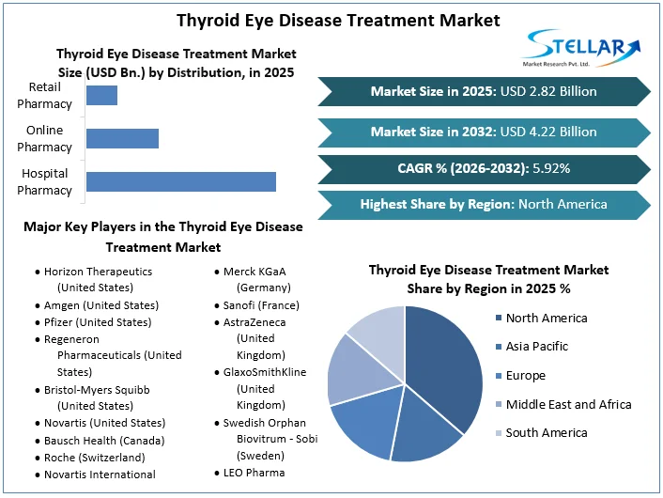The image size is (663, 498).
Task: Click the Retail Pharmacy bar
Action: [102, 95]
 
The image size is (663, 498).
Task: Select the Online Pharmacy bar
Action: [123, 138]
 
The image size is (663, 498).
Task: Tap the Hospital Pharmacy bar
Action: [181, 181]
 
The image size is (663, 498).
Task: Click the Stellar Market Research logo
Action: [581, 48]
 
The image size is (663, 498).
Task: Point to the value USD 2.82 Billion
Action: [548, 91]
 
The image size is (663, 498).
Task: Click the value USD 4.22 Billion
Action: [548, 132]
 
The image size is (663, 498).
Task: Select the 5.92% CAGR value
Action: [551, 168]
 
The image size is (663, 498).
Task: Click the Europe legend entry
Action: [520, 375]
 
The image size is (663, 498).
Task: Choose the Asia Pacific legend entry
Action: [532, 347]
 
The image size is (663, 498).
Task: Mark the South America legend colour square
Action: [499, 433]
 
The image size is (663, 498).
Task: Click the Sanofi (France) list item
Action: [257, 305]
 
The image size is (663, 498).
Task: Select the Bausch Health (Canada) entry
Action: [100, 441]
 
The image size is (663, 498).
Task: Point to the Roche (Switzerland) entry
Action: [90, 458]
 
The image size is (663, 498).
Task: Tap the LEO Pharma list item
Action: [250, 473]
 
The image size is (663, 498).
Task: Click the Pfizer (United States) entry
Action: [94, 322]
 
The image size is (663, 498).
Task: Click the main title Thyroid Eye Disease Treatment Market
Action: [338, 21]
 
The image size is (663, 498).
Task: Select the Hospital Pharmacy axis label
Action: [44, 181]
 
